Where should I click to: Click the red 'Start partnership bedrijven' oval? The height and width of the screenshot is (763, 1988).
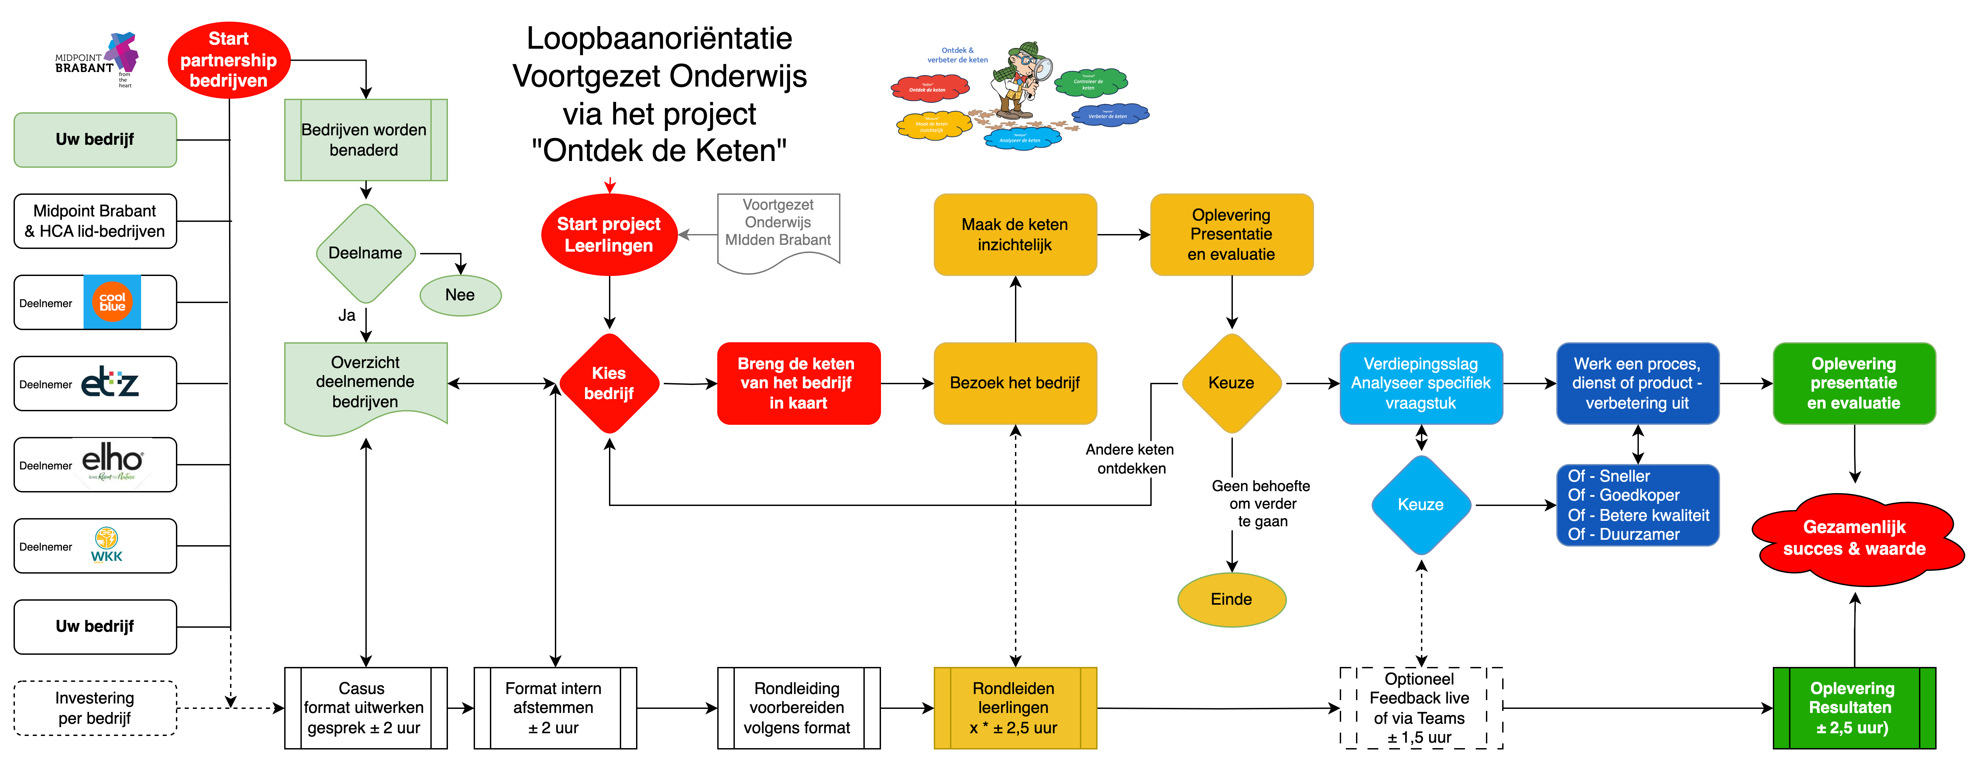pos(228,60)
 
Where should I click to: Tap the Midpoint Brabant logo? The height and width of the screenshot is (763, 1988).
pos(97,60)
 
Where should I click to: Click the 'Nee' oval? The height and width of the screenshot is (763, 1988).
pos(460,295)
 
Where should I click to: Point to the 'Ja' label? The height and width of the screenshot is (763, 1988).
pos(346,315)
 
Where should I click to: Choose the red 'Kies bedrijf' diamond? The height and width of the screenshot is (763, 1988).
pos(609,384)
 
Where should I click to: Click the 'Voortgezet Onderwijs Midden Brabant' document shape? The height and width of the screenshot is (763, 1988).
pos(778,230)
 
